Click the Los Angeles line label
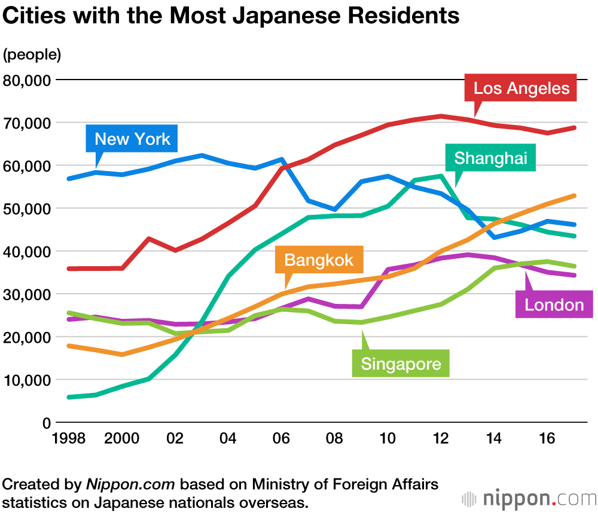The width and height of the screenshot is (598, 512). [x=521, y=89]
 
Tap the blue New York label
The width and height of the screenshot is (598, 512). [x=132, y=139]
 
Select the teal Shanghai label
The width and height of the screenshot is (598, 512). [x=490, y=158]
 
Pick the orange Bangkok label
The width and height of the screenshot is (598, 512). [x=319, y=260]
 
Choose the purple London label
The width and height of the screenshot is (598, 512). [x=554, y=305]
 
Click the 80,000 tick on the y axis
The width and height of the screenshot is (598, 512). [x=27, y=80]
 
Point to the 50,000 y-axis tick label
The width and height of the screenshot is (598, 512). [x=27, y=209]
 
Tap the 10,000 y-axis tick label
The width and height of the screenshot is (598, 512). [x=27, y=380]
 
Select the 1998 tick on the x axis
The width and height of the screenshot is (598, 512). [x=68, y=438]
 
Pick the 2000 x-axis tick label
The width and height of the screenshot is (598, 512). [x=121, y=438]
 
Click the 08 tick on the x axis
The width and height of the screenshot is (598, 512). [x=334, y=438]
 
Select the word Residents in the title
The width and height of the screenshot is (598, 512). [x=399, y=16]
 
